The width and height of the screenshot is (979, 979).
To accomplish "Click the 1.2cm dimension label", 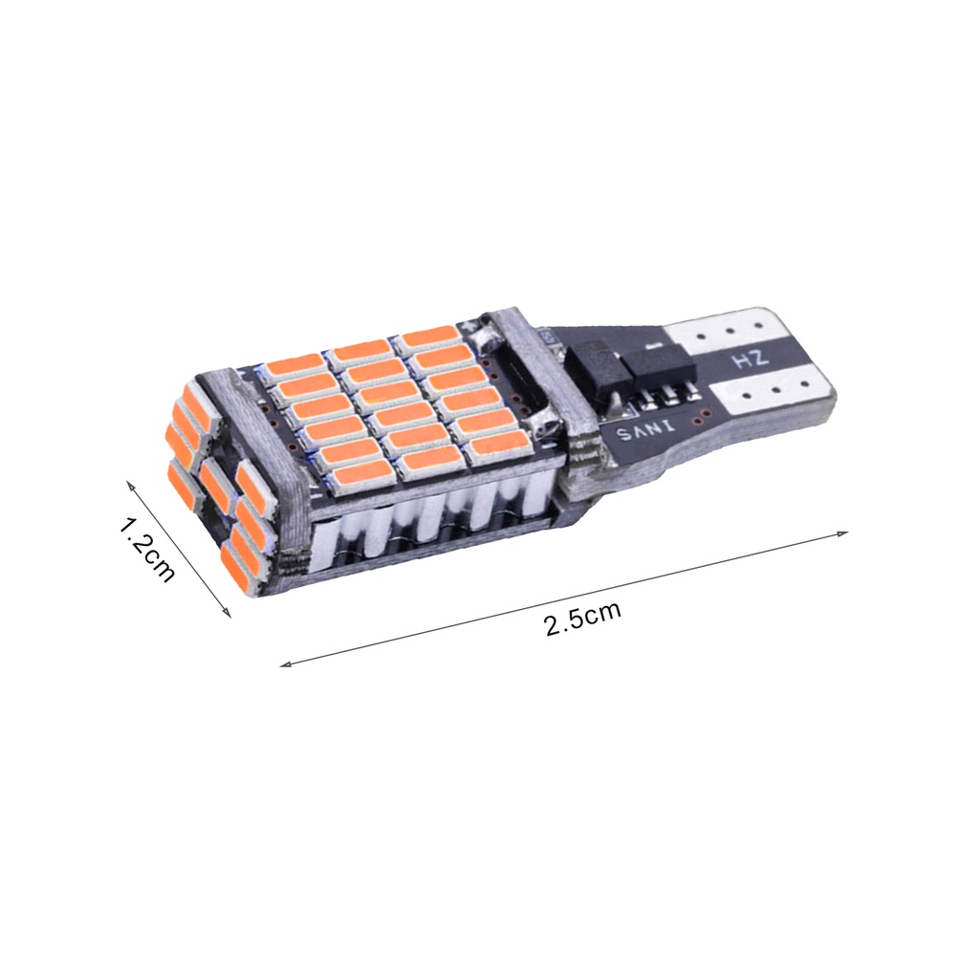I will coord(148,551).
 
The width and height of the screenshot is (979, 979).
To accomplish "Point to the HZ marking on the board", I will coord(746,361).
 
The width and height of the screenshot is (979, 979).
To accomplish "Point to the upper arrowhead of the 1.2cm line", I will coord(132,486).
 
